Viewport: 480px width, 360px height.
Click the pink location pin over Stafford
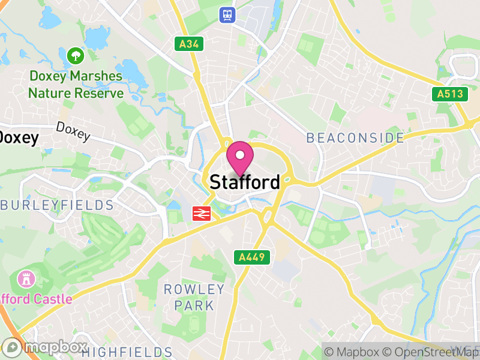[240, 157]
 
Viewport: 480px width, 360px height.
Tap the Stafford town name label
[245, 182]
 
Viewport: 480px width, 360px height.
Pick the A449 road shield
[252, 257]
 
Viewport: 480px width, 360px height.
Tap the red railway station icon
[200, 213]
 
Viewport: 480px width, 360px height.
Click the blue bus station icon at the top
[227, 14]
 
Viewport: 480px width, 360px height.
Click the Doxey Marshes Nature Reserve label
[76, 85]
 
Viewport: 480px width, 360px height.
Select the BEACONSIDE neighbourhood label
[355, 138]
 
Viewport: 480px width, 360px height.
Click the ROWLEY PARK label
[194, 298]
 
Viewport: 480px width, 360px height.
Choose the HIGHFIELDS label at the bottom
[127, 352]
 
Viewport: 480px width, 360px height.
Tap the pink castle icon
[26, 279]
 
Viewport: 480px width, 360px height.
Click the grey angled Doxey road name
[73, 131]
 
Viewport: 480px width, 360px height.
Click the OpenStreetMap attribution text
[431, 352]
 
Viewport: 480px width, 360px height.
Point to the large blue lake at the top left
[96, 39]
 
